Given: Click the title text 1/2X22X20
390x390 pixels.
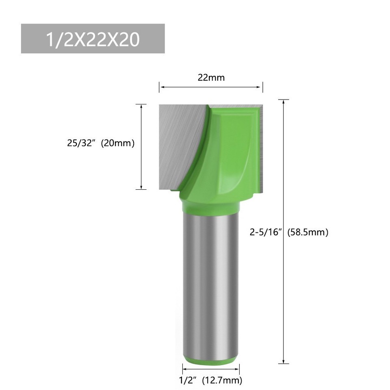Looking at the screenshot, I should tap(93, 39).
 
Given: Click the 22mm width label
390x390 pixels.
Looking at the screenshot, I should tap(211, 78).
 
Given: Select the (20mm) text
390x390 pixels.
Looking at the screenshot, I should tap(117, 143).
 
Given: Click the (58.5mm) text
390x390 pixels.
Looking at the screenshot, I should tap(308, 232).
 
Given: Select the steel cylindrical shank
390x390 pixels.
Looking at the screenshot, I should tap(210, 284).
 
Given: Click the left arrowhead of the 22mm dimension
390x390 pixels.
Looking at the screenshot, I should tap(161, 87).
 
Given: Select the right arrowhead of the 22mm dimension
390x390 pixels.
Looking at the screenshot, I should tap(261, 87).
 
